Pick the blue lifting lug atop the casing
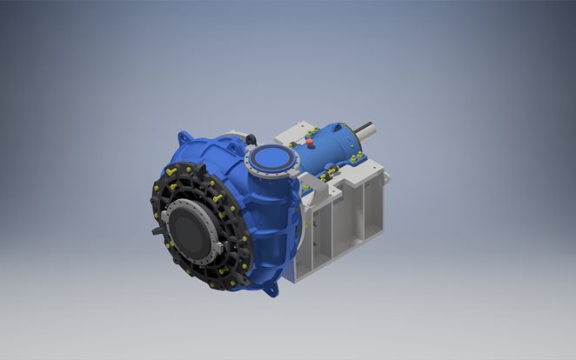pos(184,139)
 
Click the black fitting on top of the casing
pos(249,137)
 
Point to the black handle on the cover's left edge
pos(156,232)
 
